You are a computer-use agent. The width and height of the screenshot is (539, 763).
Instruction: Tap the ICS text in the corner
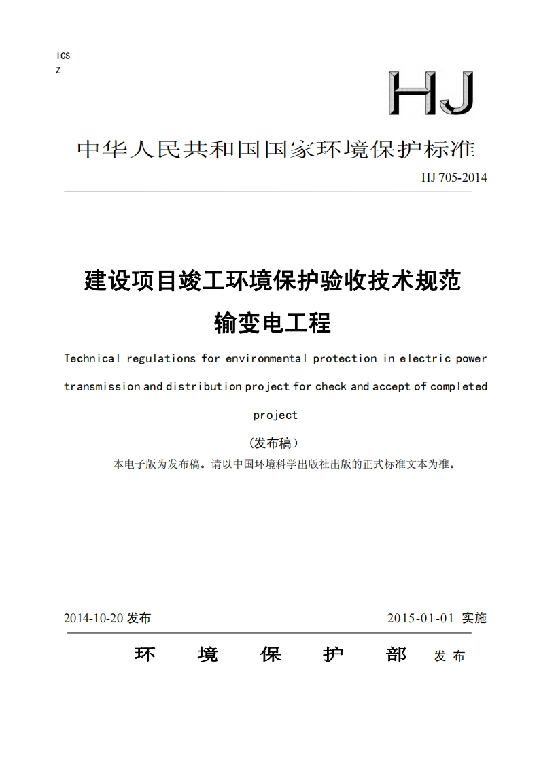click(63, 56)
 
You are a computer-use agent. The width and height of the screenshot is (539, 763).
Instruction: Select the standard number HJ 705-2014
click(454, 178)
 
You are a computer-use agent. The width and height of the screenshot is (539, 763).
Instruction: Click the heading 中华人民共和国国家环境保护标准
click(276, 150)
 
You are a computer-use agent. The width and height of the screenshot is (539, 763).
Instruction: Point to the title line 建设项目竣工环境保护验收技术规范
click(272, 280)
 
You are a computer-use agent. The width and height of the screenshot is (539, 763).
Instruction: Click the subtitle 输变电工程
click(272, 322)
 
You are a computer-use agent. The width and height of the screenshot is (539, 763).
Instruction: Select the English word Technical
click(92, 358)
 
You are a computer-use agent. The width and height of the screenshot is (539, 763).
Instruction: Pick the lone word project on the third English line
click(275, 415)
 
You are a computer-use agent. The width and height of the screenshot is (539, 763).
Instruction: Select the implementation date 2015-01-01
click(419, 618)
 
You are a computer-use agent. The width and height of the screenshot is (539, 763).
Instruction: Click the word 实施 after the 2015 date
click(474, 618)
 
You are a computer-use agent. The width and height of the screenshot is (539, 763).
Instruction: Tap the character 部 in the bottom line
click(396, 654)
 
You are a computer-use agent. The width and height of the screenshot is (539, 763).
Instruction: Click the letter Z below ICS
click(58, 70)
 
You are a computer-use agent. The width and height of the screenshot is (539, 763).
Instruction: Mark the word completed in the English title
click(459, 386)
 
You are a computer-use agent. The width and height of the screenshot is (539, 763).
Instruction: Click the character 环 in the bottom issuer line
click(145, 654)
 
